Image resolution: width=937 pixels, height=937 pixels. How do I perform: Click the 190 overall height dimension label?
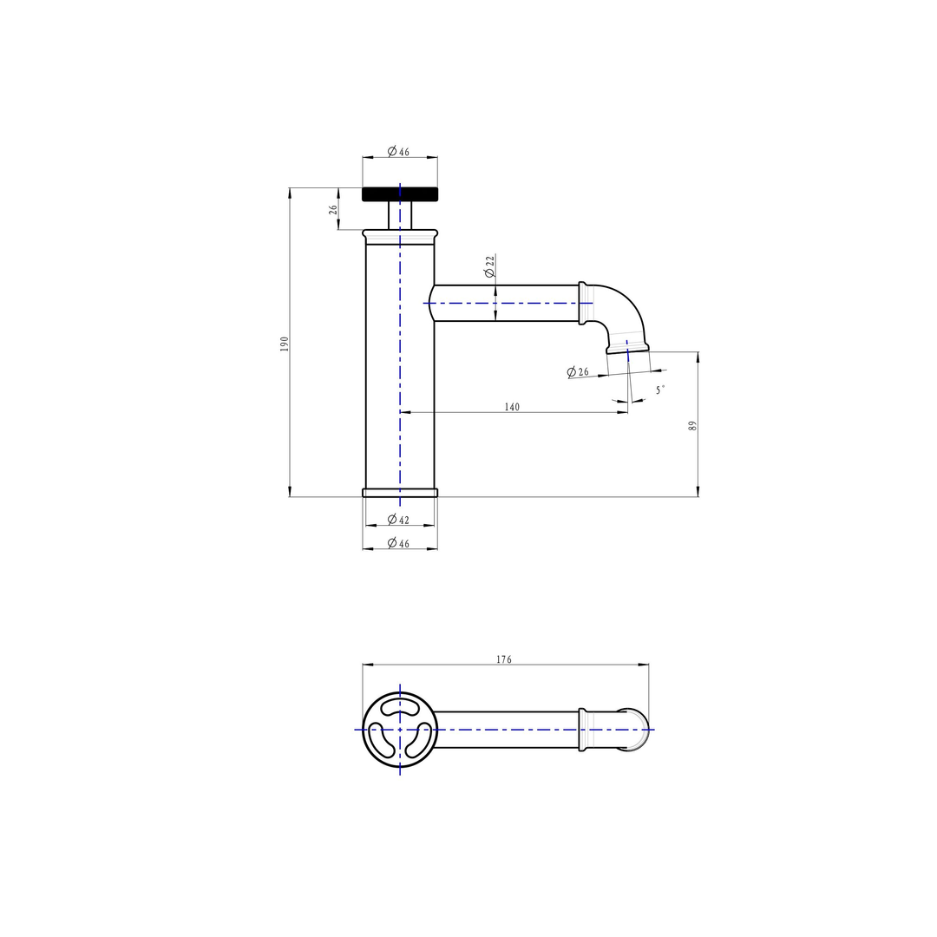tap(284, 344)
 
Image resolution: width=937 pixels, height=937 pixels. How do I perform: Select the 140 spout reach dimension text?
tap(512, 407)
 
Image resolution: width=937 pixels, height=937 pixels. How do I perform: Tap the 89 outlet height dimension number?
tap(692, 425)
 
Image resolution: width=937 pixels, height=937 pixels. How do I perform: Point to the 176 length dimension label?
tap(504, 659)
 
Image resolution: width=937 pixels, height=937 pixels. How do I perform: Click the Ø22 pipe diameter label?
tap(490, 266)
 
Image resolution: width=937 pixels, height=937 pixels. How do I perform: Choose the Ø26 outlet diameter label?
tap(578, 372)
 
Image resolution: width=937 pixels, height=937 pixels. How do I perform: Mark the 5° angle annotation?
tap(660, 390)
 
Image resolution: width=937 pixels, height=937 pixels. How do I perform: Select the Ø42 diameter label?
tap(399, 520)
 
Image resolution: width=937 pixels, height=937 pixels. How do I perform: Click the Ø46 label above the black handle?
tap(399, 151)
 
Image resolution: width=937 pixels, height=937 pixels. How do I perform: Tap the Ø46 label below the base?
tap(399, 543)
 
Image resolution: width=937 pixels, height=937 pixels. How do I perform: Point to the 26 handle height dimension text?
tap(333, 210)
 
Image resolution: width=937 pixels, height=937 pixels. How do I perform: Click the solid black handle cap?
tap(400, 194)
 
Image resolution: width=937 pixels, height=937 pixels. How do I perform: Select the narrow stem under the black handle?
tap(400, 215)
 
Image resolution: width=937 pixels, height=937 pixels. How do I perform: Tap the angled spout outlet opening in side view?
tap(628, 349)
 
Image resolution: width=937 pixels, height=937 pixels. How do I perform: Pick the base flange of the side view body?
tap(400, 493)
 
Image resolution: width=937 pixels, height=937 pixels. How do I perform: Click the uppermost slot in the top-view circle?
tap(400, 710)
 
